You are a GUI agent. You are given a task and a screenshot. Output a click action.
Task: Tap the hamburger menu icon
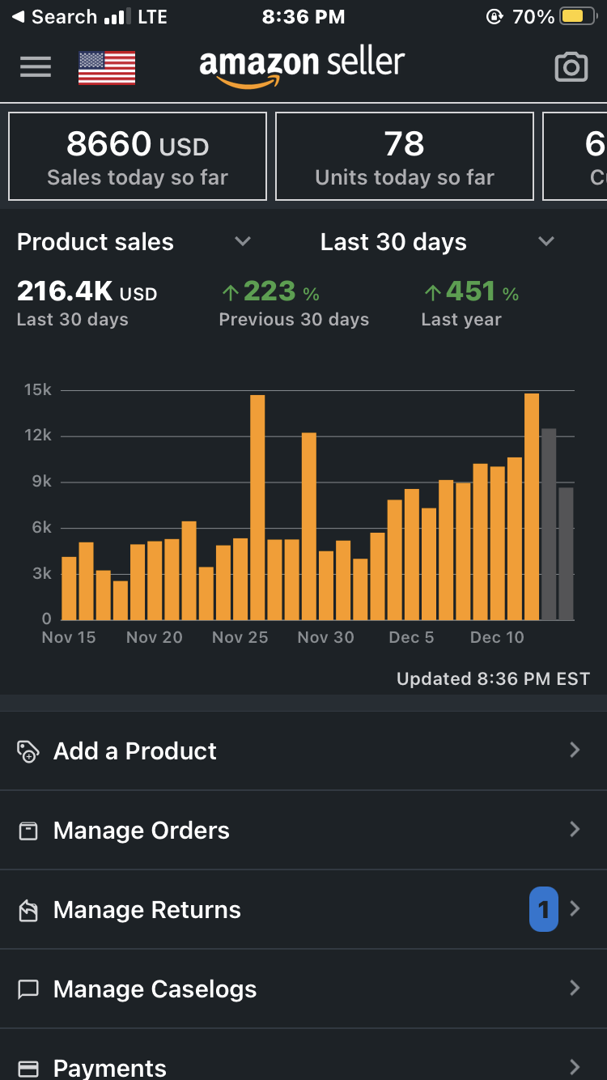[36, 67]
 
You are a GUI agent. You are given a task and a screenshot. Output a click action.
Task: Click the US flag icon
[107, 68]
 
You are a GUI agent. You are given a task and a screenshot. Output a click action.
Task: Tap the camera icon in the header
[571, 68]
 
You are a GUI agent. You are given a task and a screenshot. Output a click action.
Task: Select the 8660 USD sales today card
[138, 156]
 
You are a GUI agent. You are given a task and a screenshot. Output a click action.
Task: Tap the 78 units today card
[405, 156]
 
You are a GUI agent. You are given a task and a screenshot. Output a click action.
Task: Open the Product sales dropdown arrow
[242, 241]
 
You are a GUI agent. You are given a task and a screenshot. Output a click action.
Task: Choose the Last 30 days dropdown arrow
[546, 241]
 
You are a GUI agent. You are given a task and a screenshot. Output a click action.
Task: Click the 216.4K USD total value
[87, 291]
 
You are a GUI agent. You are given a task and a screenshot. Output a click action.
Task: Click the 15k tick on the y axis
[37, 390]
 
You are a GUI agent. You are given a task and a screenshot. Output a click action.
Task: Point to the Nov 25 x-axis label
[240, 638]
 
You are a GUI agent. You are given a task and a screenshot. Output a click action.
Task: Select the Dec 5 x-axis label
[411, 638]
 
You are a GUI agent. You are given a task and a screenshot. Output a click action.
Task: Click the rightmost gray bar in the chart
[566, 554]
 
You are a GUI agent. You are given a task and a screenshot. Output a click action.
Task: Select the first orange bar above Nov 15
[69, 589]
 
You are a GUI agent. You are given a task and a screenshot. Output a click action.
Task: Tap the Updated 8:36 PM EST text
[493, 679]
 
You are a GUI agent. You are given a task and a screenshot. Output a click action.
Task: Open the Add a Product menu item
[135, 751]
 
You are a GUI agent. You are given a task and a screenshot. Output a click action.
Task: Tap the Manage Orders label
[142, 831]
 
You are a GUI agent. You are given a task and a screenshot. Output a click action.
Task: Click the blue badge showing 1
[544, 909]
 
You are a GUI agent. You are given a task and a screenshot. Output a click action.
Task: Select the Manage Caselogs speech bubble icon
[28, 989]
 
